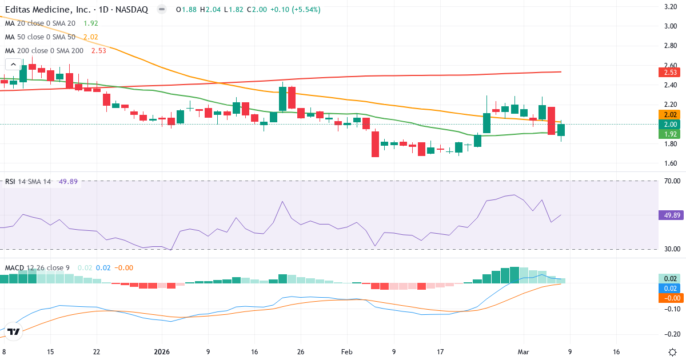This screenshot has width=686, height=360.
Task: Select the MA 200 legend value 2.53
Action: pos(98,51)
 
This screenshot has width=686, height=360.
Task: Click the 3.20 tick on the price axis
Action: pos(671,7)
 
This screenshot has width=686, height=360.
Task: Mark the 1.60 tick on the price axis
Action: pos(671,163)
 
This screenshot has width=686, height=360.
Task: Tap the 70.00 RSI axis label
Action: pos(670,181)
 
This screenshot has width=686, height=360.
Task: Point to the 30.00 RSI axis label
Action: pos(670,249)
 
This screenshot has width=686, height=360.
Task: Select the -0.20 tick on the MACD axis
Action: pos(670,334)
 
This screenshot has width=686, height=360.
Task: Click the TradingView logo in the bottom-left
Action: pos(14,331)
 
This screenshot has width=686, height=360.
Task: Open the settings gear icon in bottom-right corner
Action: pos(672,351)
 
